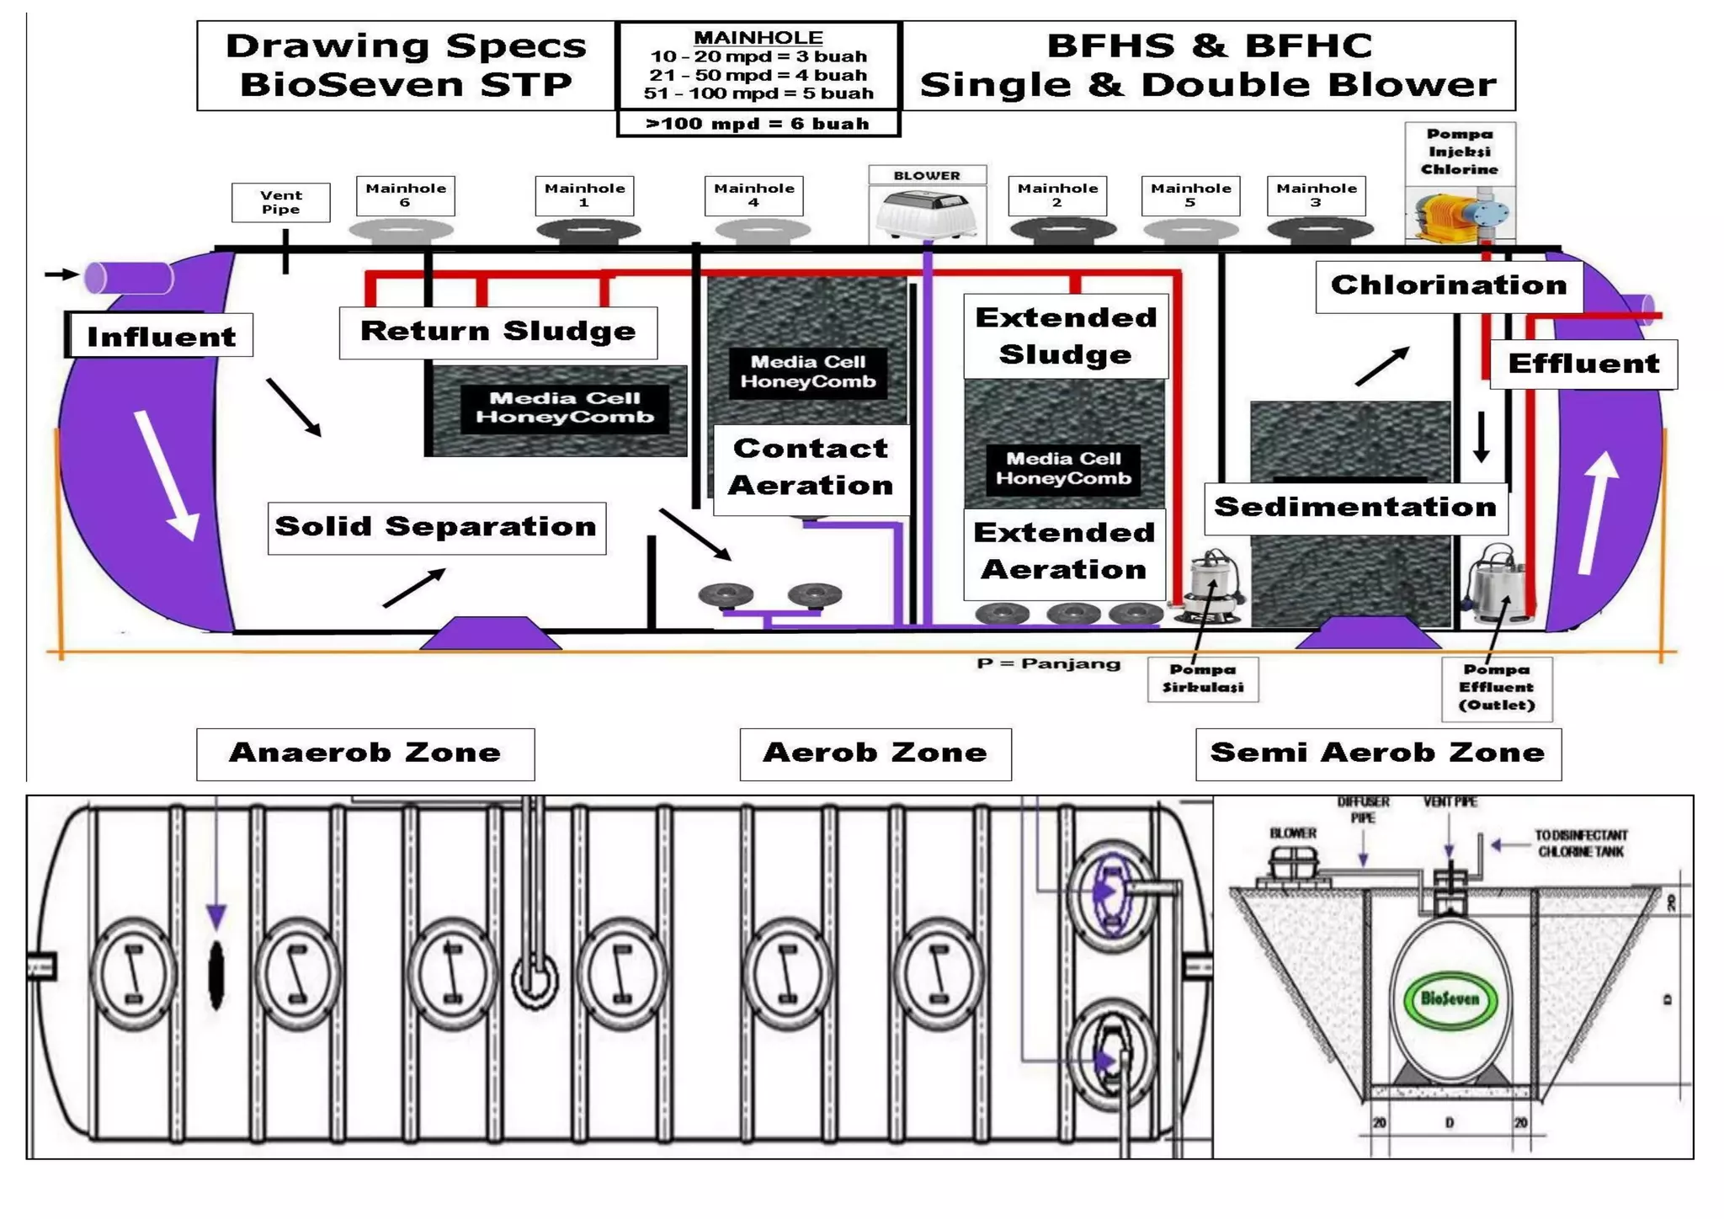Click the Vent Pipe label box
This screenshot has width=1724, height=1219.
pyautogui.click(x=280, y=202)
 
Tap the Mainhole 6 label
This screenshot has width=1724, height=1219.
pyautogui.click(x=405, y=195)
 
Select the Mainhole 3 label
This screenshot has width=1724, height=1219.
pyautogui.click(x=1316, y=195)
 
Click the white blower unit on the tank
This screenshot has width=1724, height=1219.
pyautogui.click(x=926, y=214)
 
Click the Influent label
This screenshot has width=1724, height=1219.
pyautogui.click(x=161, y=336)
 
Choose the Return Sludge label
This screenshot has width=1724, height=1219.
pyautogui.click(x=498, y=332)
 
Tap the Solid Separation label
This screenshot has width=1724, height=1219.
pyautogui.click(x=436, y=528)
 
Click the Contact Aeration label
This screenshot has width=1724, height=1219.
pyautogui.click(x=811, y=468)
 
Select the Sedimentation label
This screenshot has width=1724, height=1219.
pyautogui.click(x=1355, y=508)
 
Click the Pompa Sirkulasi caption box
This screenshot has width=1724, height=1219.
pyautogui.click(x=1202, y=679)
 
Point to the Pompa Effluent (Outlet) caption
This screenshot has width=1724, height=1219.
pyautogui.click(x=1496, y=688)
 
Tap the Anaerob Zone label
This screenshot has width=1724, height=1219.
pyautogui.click(x=365, y=753)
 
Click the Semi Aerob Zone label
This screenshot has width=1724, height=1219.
pyautogui.click(x=1377, y=753)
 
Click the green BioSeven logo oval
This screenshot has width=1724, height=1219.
pyautogui.click(x=1449, y=999)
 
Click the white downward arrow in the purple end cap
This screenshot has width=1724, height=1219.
pyautogui.click(x=168, y=476)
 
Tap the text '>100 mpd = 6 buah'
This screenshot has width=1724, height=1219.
pyautogui.click(x=758, y=124)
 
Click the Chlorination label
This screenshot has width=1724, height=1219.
pyautogui.click(x=1448, y=286)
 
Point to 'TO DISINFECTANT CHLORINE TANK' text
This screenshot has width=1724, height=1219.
pyautogui.click(x=1580, y=844)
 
